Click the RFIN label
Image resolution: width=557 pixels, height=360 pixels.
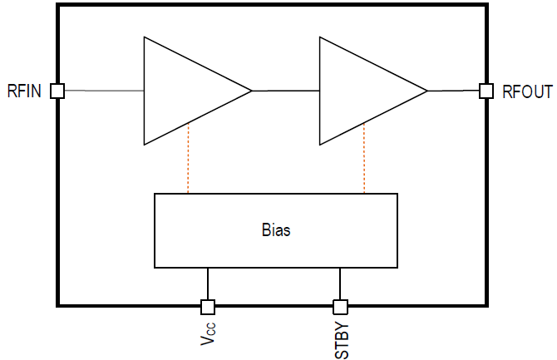click(x=26, y=91)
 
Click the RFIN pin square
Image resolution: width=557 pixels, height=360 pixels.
click(x=57, y=91)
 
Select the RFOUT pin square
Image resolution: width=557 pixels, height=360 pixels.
click(x=486, y=91)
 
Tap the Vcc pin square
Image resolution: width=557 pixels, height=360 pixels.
click(x=208, y=306)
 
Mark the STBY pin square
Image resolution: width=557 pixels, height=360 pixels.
click(x=340, y=306)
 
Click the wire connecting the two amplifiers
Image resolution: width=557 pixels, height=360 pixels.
click(x=285, y=91)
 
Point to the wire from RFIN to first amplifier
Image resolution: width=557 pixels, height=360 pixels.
click(x=104, y=91)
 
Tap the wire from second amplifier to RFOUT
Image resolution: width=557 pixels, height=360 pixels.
click(x=453, y=91)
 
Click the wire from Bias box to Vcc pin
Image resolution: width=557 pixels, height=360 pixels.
click(x=208, y=284)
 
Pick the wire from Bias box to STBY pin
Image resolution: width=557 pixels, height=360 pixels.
click(x=340, y=284)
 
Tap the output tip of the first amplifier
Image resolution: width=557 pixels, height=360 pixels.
click(x=250, y=91)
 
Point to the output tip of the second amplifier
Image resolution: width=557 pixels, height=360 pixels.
click(x=426, y=91)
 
